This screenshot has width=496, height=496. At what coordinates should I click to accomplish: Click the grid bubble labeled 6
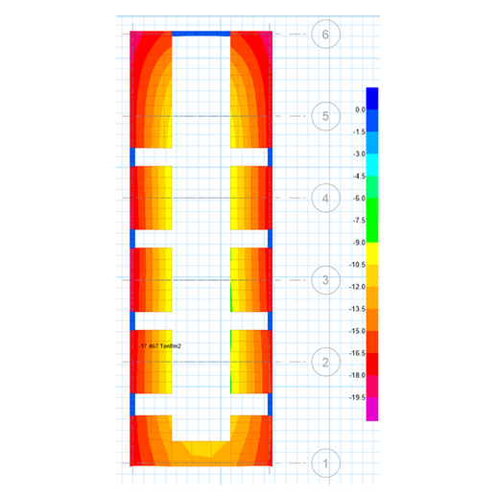325,35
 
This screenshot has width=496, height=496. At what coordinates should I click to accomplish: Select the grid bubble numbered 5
325,116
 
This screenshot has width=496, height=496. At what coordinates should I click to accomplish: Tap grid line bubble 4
325,199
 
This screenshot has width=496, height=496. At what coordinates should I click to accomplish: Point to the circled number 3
325,280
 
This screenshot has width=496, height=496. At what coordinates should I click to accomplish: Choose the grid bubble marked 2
325,362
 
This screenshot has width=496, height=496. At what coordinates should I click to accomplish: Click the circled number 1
325,463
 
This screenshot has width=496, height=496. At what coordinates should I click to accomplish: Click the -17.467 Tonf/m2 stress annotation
160,346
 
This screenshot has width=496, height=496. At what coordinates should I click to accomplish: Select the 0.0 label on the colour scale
360,109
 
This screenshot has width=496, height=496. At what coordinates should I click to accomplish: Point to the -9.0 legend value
359,243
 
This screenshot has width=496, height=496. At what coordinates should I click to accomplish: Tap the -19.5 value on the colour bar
358,397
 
